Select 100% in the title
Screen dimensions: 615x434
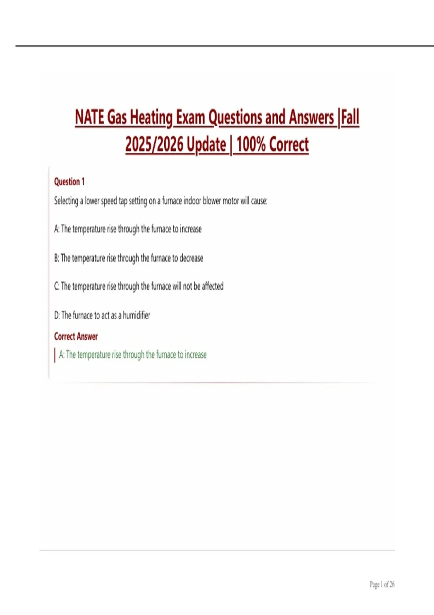(251, 144)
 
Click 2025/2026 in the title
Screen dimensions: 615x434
(154, 144)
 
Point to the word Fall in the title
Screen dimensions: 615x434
(350, 118)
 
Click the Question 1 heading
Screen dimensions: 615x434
(69, 182)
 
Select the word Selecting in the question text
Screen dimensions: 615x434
(66, 201)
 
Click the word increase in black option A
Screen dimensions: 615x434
(191, 229)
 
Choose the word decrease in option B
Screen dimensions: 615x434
(191, 258)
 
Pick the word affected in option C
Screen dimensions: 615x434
(213, 286)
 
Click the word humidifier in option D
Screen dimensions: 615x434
(136, 315)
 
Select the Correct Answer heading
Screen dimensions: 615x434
(76, 336)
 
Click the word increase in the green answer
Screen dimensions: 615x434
(196, 355)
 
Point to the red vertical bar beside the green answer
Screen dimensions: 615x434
(55, 355)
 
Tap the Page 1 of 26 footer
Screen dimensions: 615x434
(382, 584)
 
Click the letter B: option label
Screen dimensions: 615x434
(56, 258)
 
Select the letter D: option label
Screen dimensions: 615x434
(57, 315)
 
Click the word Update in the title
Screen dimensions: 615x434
(207, 144)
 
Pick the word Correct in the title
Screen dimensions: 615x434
(289, 144)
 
